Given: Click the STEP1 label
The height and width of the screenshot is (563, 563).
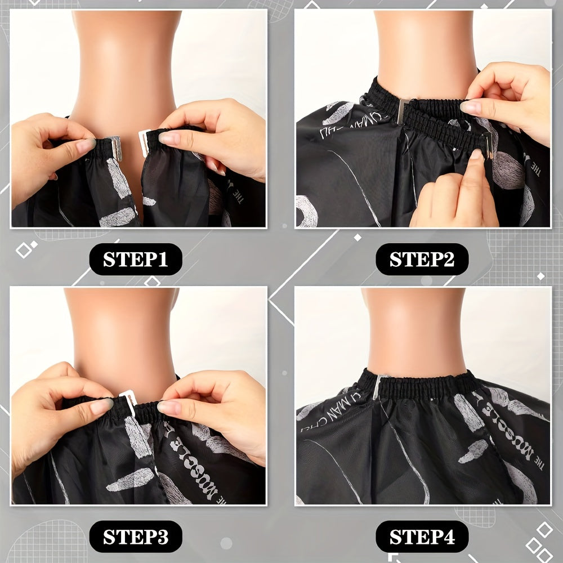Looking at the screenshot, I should [x=136, y=260].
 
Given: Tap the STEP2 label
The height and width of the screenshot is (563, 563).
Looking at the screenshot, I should [x=422, y=260].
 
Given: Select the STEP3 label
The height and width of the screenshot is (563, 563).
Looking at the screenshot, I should [x=136, y=537].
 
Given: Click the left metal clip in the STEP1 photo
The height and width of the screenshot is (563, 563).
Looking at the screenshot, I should [x=115, y=145].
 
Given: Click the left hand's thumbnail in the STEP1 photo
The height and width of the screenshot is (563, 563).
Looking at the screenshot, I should [x=86, y=146].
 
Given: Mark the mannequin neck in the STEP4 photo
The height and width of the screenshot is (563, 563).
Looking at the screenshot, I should [x=414, y=332].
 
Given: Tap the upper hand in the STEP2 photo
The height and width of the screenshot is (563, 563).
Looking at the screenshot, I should [x=510, y=101].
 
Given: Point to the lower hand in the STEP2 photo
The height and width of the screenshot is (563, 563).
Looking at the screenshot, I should [x=456, y=197].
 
